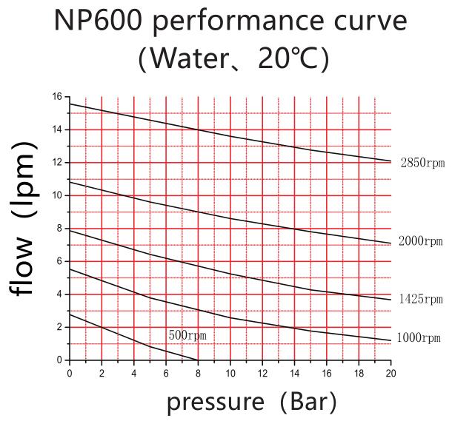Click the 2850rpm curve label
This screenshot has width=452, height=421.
click(x=422, y=163)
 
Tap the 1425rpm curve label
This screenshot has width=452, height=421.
click(x=420, y=300)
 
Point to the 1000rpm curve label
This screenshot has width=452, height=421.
click(x=419, y=337)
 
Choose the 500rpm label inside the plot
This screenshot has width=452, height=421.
click(x=187, y=335)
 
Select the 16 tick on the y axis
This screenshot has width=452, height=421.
click(x=57, y=97)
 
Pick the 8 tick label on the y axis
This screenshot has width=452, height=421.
click(x=59, y=229)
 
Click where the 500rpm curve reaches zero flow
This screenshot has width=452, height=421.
click(x=198, y=360)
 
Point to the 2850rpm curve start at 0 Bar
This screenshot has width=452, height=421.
click(x=69, y=104)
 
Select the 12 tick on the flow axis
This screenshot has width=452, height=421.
click(x=57, y=163)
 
